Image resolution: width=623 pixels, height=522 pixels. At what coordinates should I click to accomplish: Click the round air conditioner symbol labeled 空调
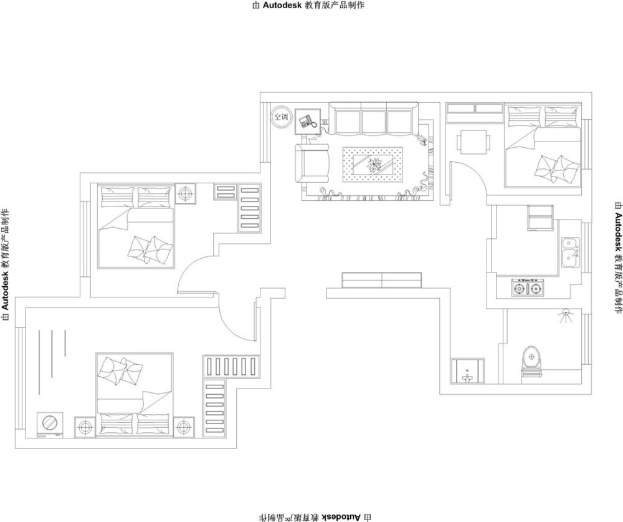point(282,117)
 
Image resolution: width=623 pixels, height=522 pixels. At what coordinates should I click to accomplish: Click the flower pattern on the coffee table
point(373,164)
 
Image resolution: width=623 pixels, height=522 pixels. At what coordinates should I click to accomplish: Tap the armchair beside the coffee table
point(313,163)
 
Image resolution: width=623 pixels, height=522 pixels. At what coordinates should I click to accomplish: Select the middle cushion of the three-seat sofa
point(373,122)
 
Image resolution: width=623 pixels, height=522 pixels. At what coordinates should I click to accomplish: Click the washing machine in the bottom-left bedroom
point(50,425)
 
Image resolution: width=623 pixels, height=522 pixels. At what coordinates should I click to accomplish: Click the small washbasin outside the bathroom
point(467,371)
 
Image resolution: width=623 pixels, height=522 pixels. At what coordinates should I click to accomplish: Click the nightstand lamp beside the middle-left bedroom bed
point(185,194)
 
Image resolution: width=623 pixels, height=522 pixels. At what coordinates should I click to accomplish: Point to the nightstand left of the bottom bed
point(85,427)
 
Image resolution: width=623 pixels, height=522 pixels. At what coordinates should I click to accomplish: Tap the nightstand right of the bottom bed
point(184,427)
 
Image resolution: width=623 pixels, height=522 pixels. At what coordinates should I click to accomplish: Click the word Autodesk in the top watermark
point(282,5)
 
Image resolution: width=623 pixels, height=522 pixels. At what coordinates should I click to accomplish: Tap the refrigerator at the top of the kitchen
point(540,218)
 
